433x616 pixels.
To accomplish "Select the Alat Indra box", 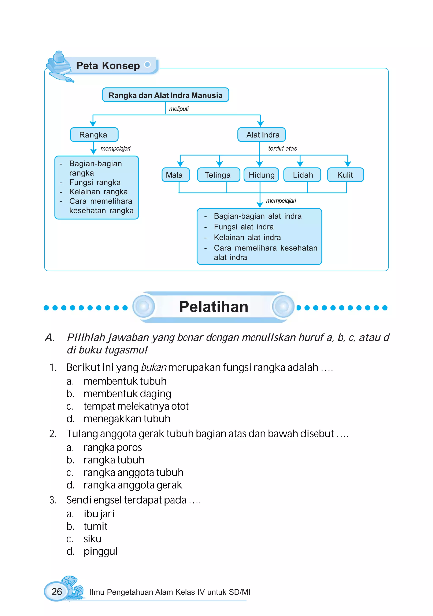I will tap(262, 135).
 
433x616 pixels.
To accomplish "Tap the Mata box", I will tap(175, 175).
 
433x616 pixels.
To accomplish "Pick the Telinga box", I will tap(218, 175).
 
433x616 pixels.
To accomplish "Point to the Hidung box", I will tap(261, 175).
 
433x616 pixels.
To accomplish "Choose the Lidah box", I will tap(302, 175).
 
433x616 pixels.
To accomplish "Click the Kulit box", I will tap(345, 175).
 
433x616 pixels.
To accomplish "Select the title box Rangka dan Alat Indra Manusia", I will tap(165, 95).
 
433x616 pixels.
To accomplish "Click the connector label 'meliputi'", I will tap(179, 109).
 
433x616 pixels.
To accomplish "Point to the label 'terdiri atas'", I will tap(282, 148).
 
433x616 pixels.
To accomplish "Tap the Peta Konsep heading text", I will tap(108, 66).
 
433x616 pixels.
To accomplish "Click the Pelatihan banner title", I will tap(214, 307).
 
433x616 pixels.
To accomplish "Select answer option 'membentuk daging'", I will tap(127, 394).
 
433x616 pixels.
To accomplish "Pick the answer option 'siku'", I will tap(92, 539).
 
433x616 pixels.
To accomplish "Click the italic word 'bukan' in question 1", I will tap(154, 368).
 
